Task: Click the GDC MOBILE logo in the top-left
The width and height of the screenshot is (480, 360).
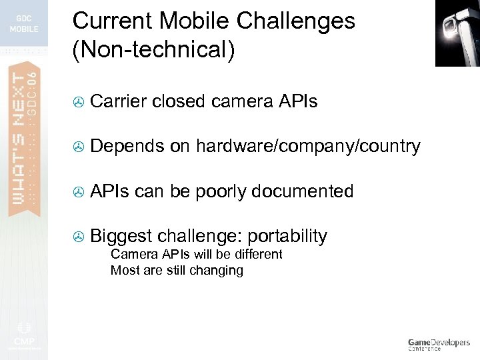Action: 23,24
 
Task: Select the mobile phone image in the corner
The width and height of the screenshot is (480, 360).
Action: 457,33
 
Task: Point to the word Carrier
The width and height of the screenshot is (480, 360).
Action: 118,101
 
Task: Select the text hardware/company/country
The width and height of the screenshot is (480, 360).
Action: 307,147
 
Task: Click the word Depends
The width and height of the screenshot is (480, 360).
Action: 127,147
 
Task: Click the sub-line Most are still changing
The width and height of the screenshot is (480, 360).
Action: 177,270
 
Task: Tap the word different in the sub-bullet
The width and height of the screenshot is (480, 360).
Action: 257,254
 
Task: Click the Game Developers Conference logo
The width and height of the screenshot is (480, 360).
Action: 439,344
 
